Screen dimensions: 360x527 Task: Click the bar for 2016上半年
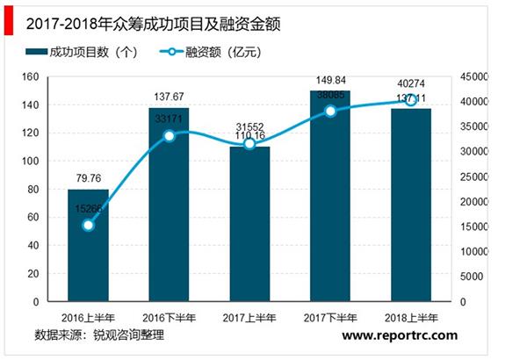pos(88,246)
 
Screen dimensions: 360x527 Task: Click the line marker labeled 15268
pos(88,226)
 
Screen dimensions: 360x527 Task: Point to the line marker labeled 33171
pos(169,136)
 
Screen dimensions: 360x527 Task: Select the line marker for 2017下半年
pos(330,112)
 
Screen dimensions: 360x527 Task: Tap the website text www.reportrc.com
pos(400,335)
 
